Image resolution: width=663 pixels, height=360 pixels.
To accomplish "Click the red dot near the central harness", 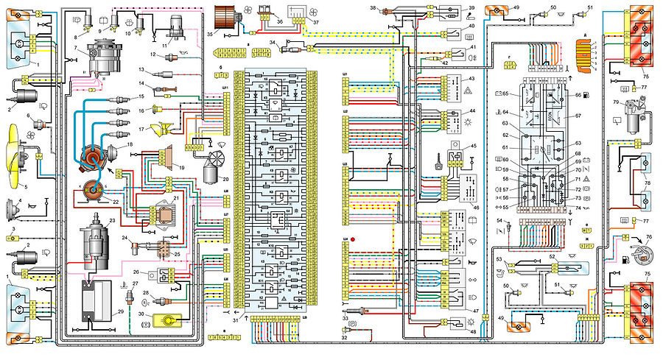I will tap(354, 240).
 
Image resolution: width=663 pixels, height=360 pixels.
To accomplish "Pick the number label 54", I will tap(499, 221).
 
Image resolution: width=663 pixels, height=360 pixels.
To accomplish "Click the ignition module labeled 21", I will tap(158, 212).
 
